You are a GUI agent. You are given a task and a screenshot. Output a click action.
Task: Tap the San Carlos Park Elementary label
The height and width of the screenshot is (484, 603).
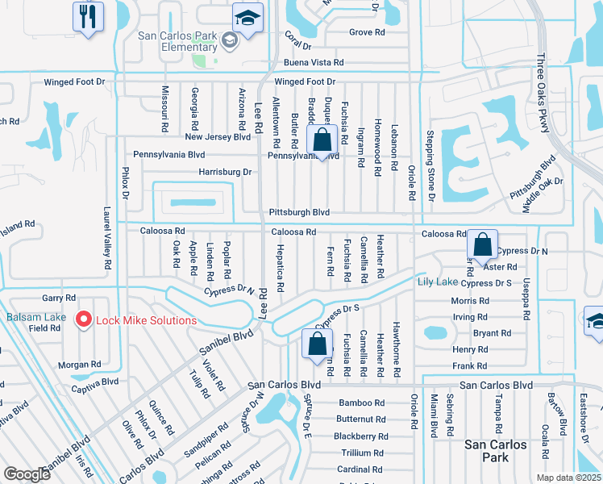[x=178, y=41]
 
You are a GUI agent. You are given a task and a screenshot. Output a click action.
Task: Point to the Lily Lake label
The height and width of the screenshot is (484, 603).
[x=437, y=282]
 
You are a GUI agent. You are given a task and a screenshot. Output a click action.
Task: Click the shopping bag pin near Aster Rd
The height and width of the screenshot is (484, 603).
[x=481, y=244]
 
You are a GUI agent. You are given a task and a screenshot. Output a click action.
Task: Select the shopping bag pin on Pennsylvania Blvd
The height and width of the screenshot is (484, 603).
[x=322, y=140]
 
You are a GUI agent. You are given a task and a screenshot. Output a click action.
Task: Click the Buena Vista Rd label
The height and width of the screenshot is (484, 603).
[x=313, y=62]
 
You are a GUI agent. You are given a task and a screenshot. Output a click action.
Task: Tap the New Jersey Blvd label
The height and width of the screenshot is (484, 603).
[x=218, y=137]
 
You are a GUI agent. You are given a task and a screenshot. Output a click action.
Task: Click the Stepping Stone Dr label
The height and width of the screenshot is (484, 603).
[x=430, y=165]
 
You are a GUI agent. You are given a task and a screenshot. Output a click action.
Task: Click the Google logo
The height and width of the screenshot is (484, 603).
[x=27, y=474]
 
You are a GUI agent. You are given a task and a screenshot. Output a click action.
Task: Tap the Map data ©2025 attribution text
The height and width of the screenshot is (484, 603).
[x=568, y=478]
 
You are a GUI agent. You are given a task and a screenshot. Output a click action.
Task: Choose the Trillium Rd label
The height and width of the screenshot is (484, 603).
[x=362, y=453]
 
